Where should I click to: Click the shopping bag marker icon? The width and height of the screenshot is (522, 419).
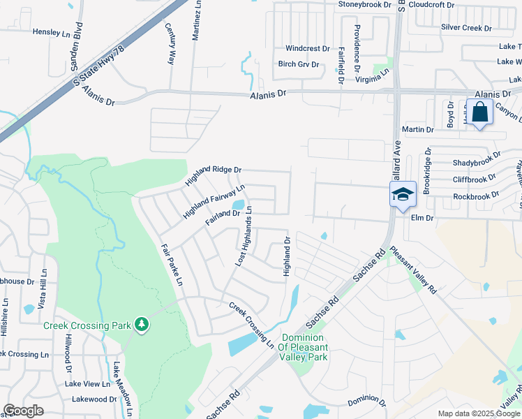481,112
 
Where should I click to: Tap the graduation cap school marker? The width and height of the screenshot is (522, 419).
403,194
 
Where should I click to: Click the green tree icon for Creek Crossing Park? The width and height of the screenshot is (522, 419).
142,324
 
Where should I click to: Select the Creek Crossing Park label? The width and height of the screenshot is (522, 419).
86,325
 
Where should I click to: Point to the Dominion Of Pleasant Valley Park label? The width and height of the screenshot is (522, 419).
302,347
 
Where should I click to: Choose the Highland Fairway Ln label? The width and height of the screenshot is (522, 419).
214,202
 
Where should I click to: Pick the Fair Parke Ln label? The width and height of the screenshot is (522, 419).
170,265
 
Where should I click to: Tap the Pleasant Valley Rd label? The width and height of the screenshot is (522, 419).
412,271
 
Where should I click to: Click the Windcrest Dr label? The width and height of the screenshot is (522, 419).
307,49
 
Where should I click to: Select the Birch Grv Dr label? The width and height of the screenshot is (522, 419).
299,64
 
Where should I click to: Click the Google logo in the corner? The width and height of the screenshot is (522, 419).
23,411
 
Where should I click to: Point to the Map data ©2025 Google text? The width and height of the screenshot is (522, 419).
478,413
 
